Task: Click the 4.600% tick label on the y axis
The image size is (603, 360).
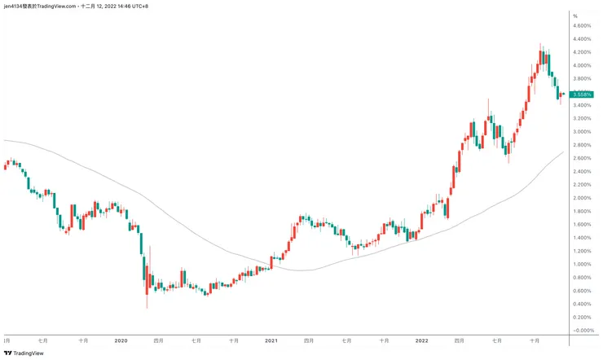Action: [x=583, y=26]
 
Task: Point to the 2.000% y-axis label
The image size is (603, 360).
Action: [x=583, y=198]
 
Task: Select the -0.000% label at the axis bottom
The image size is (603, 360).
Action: [x=583, y=331]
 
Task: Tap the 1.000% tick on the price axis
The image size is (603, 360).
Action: [x=583, y=264]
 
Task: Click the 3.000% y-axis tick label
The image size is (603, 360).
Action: [x=583, y=132]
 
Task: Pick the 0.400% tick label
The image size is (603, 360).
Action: [x=583, y=304]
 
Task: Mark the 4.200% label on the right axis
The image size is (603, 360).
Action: [x=583, y=52]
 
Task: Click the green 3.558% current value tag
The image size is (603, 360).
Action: [x=582, y=95]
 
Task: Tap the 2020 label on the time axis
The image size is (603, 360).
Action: [x=121, y=340]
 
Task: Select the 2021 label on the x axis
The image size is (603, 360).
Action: [x=271, y=340]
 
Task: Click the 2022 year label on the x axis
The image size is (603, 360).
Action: [x=421, y=340]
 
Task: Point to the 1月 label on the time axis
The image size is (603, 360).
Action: [x=7, y=340]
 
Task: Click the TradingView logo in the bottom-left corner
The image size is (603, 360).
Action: [x=24, y=353]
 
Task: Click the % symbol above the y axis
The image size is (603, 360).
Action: [x=575, y=16]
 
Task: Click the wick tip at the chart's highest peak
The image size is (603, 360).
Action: [x=539, y=44]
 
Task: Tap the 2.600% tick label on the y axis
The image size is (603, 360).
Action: [x=583, y=158]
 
